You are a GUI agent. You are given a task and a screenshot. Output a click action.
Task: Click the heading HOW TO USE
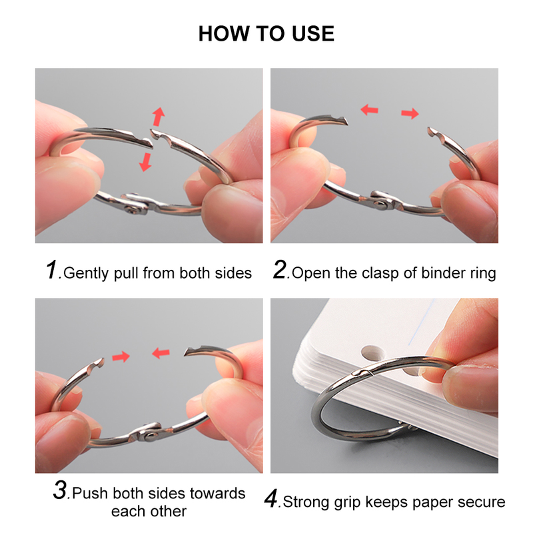coord(266,33)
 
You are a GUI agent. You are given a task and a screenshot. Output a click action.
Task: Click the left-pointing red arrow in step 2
coord(369,107)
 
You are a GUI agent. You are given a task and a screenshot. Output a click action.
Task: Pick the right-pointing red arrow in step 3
coord(121,356)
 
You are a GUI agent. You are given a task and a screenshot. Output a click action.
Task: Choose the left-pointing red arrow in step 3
coord(161,352)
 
